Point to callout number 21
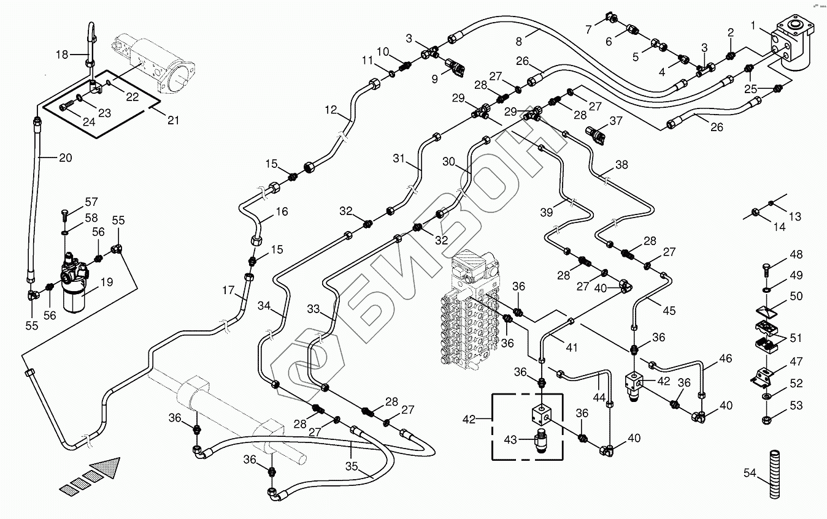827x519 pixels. [x=174, y=120]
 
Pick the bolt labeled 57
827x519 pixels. [x=66, y=214]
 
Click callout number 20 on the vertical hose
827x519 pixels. [x=65, y=158]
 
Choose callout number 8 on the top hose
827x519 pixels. [x=519, y=42]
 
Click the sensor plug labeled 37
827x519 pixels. [x=597, y=133]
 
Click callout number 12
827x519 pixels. [x=331, y=111]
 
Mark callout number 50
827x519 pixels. [x=796, y=297]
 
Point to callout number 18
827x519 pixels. [x=62, y=55]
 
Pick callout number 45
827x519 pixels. [x=669, y=311]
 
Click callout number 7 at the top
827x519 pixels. [x=588, y=29]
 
